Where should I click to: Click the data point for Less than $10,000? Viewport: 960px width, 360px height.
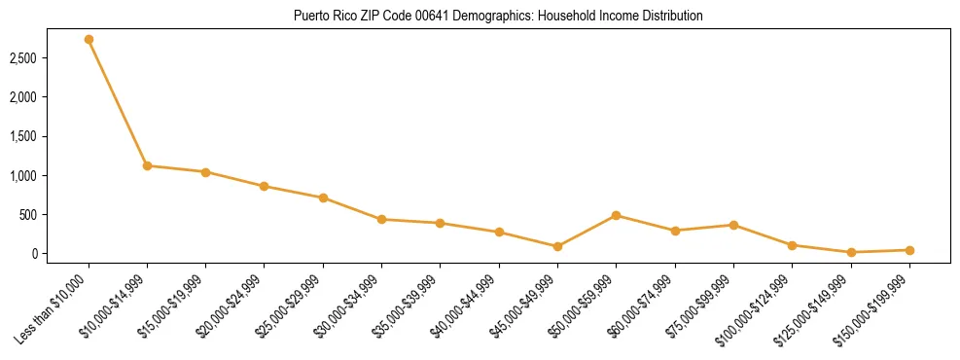point(89,40)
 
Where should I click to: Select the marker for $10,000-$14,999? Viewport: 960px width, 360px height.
point(147,165)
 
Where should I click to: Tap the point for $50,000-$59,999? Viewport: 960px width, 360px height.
point(616,215)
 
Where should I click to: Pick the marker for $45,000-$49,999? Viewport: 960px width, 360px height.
point(557,246)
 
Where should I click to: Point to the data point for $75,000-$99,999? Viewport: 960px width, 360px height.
point(733,225)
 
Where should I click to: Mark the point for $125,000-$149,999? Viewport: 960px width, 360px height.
point(851,252)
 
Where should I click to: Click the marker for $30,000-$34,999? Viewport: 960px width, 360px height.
point(381,219)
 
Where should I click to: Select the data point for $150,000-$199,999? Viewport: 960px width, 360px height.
point(909,250)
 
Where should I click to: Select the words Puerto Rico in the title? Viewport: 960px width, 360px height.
point(320,17)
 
